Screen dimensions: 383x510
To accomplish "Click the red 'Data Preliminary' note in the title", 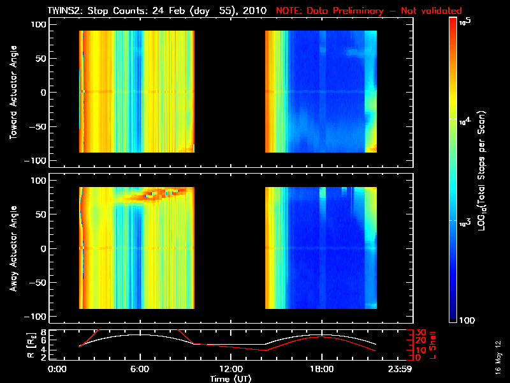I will pyautogui.click(x=368, y=11).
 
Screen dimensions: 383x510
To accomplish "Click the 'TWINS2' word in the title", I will pyautogui.click(x=64, y=11).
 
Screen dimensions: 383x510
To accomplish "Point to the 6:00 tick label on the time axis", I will pyautogui.click(x=140, y=369).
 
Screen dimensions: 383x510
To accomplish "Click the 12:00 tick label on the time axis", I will pyautogui.click(x=231, y=369).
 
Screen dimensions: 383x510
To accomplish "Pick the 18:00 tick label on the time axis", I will pyautogui.click(x=322, y=369).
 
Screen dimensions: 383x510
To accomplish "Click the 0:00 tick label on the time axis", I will pyautogui.click(x=57, y=369).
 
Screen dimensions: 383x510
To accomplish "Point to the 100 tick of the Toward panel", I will pyautogui.click(x=40, y=24).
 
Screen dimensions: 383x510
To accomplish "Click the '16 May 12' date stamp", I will pyautogui.click(x=498, y=357).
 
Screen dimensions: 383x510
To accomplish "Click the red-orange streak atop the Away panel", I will pyautogui.click(x=159, y=193).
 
